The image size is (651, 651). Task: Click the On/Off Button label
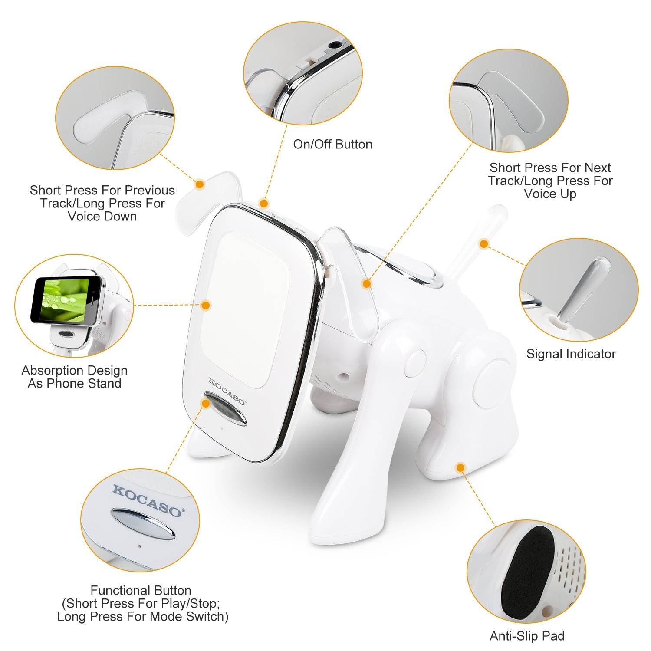coord(332,145)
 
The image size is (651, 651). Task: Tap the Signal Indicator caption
coord(571,354)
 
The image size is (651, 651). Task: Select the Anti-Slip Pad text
coord(527,636)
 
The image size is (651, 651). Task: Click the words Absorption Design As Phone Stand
coord(74,377)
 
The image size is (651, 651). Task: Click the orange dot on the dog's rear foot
coord(460,467)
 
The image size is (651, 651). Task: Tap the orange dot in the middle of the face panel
coord(206,305)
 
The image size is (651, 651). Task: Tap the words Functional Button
coord(141,590)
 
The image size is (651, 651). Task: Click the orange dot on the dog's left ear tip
coord(200,184)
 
